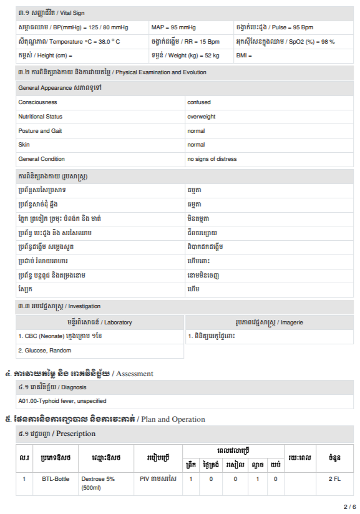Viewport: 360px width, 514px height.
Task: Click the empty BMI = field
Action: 244,56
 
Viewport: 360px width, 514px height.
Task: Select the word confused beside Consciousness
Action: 199,102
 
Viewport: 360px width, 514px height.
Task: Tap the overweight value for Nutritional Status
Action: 201,117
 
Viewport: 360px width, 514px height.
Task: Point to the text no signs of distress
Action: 212,159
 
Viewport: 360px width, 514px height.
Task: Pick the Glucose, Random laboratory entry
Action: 44,351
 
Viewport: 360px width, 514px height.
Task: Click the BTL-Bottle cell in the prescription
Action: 56,478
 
